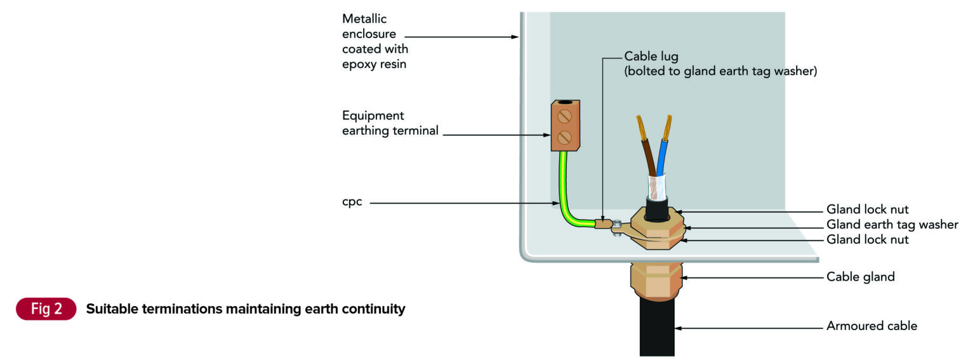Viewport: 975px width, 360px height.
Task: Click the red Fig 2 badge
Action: (46, 309)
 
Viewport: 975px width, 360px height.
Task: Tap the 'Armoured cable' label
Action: (872, 326)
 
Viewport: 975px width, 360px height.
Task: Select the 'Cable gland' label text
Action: (860, 277)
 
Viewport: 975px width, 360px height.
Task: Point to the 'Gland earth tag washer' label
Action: (892, 225)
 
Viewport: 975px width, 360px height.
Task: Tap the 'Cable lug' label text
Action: (651, 57)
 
